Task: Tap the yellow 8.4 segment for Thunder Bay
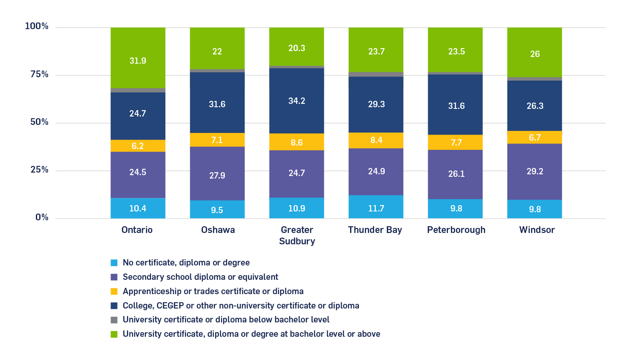376,140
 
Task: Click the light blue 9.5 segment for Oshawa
217,209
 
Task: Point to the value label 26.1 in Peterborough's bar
456,174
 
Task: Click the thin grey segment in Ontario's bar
138,90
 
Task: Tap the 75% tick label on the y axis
39,75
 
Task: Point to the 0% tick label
42,217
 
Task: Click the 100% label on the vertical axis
37,26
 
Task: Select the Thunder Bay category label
375,230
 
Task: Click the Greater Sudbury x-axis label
297,235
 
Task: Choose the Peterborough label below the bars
456,230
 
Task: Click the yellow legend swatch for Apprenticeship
114,291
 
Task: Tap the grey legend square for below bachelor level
114,320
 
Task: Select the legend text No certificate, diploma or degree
186,263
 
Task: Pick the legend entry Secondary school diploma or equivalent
200,277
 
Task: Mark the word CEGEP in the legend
170,306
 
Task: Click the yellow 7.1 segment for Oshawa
217,140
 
